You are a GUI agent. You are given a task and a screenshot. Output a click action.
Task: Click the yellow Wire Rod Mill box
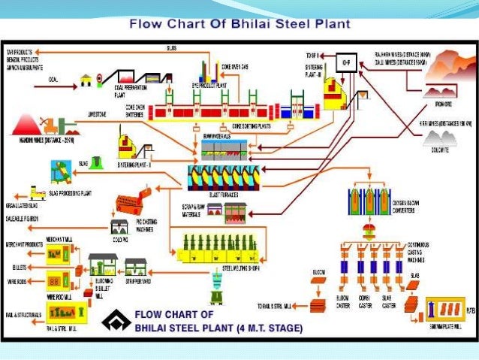(x=56, y=281)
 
